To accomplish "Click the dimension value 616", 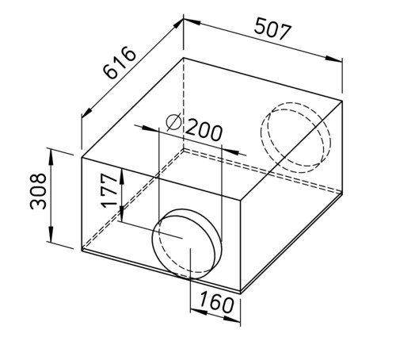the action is pyautogui.click(x=120, y=63).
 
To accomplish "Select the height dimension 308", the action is pyautogui.click(x=38, y=191).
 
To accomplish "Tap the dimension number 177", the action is pyautogui.click(x=109, y=190).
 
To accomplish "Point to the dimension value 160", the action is pyautogui.click(x=216, y=302).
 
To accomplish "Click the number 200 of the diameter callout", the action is pyautogui.click(x=204, y=130).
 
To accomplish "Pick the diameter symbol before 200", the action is pyautogui.click(x=173, y=122).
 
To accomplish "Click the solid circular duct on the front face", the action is pyautogui.click(x=187, y=243).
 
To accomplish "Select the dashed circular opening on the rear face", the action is pyautogui.click(x=295, y=137).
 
